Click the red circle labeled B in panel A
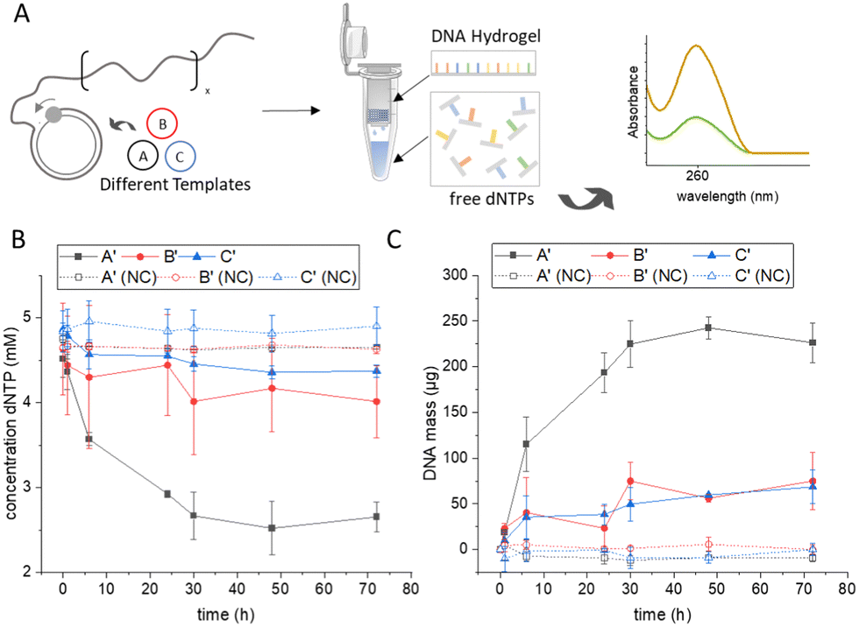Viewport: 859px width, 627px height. coord(162,123)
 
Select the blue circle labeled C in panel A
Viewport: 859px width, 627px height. coord(179,157)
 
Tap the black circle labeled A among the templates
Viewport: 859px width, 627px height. coord(143,156)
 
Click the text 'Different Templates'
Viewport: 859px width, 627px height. coord(175,185)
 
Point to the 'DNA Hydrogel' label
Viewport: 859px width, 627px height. coord(486,37)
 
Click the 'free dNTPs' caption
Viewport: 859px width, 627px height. coord(492,199)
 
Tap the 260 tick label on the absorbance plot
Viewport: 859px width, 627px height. coord(697,176)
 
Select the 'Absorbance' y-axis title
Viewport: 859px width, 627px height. coord(633,102)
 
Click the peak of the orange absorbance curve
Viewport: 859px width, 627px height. coord(696,46)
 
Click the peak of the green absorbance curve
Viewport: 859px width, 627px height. coord(696,117)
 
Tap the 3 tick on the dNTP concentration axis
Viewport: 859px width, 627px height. coord(28,488)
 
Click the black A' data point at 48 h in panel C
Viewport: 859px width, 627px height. coord(708,328)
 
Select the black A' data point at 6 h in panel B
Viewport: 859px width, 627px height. coord(89,440)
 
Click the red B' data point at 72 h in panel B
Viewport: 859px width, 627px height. coord(376,402)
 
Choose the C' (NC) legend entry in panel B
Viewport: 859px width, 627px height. coord(307,278)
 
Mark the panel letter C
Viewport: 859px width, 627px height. coord(394,239)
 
